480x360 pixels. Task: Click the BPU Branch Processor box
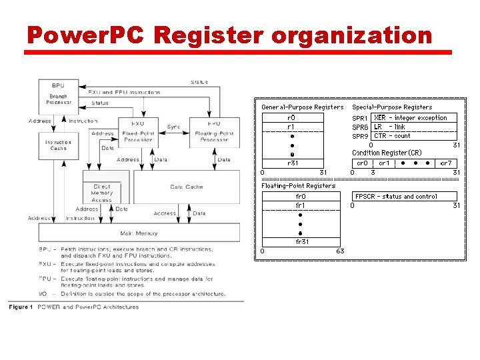58,94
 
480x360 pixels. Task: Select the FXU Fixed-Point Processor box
137,131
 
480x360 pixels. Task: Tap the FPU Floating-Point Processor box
214,131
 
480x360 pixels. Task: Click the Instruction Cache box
58,145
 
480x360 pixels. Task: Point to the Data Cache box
186,187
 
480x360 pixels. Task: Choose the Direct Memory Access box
101,193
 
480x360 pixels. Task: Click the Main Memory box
139,233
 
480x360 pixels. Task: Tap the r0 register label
291,118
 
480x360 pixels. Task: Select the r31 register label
292,163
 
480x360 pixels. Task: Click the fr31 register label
301,241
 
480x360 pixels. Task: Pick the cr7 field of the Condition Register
445,163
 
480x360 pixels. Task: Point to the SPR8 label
360,127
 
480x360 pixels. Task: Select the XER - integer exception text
411,118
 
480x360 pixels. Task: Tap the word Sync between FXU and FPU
173,127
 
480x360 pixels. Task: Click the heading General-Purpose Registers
302,107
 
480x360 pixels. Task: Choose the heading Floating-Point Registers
298,186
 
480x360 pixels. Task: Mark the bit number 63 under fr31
340,251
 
